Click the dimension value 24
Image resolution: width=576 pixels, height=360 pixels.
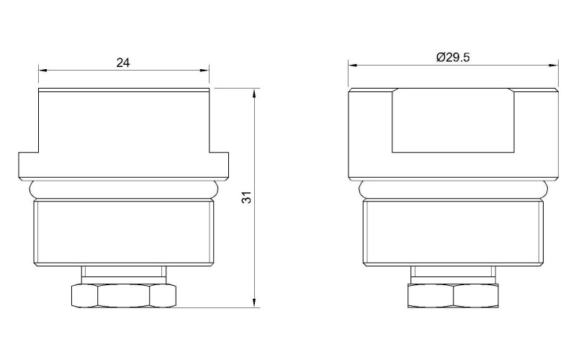123,63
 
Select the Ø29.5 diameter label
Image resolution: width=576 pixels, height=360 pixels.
453,58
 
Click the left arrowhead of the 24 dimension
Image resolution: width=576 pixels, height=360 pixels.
43,70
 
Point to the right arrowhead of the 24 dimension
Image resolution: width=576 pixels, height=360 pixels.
204,70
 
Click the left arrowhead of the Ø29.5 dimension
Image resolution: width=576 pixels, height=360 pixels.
353,66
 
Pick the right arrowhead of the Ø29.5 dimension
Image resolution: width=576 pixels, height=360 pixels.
554,66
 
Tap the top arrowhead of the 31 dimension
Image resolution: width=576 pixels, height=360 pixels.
254,93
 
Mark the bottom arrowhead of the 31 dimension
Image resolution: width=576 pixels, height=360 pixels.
254,302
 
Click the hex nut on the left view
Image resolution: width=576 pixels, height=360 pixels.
123,296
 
